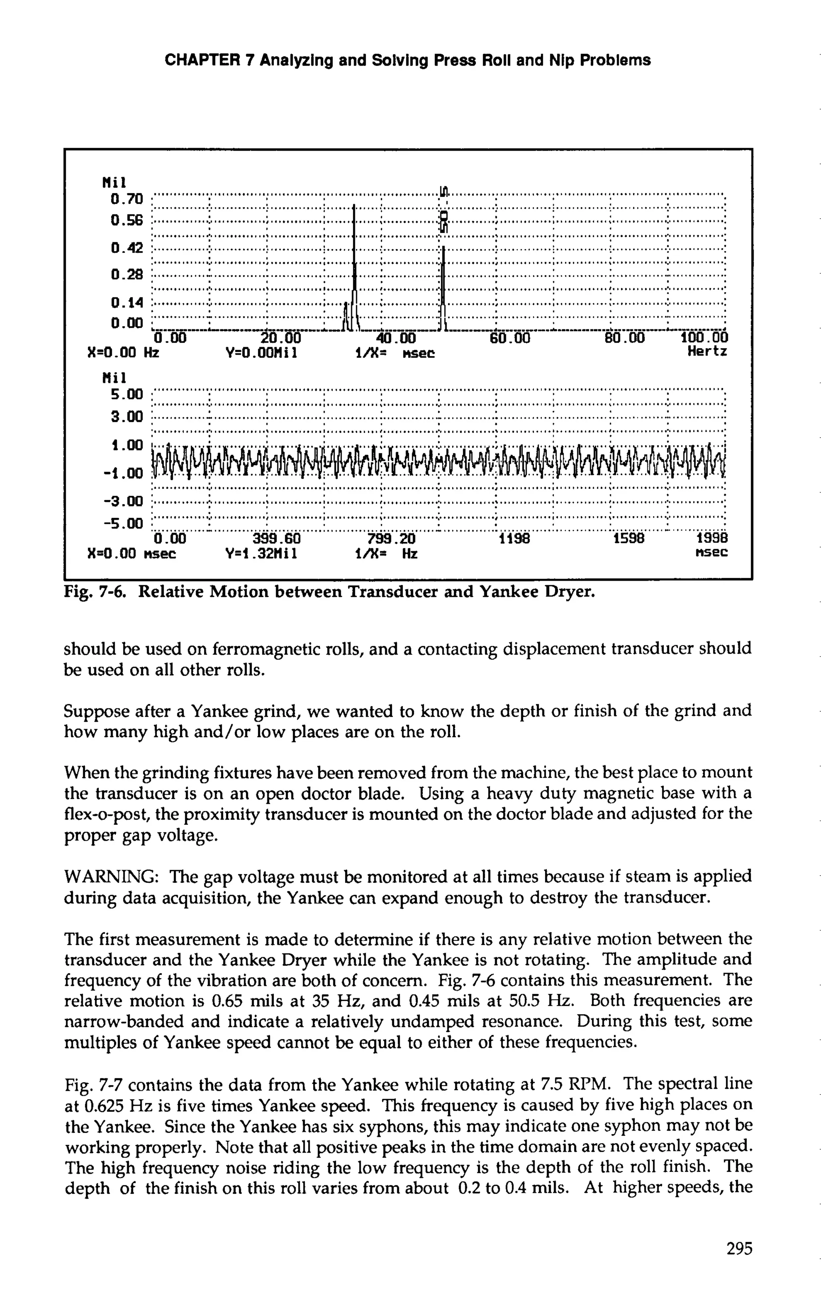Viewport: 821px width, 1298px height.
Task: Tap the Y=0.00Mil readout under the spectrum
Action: click(262, 353)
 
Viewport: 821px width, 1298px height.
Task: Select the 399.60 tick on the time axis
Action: click(277, 539)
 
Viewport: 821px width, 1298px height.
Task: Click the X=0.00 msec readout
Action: click(131, 553)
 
